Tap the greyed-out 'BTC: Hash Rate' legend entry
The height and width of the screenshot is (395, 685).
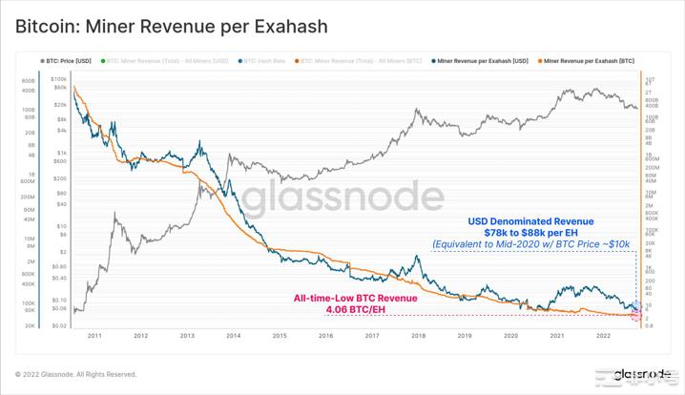(x=266, y=60)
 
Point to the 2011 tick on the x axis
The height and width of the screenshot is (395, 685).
(x=94, y=336)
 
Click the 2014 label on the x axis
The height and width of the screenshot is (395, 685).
(x=233, y=336)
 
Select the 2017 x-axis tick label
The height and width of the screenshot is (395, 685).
(x=372, y=336)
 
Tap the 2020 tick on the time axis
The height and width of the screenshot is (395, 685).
(x=510, y=336)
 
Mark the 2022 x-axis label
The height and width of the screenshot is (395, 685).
(x=603, y=336)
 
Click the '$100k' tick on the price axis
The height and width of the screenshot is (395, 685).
(x=58, y=79)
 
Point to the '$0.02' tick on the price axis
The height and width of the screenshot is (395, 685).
(x=58, y=325)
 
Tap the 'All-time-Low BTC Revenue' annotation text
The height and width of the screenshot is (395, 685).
(x=355, y=298)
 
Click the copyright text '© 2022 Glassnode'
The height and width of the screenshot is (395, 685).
(x=76, y=374)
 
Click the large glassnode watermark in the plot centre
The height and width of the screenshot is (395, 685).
(x=341, y=197)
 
